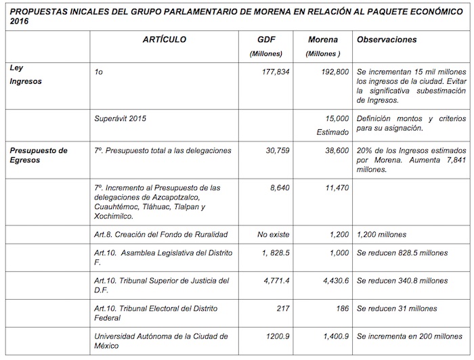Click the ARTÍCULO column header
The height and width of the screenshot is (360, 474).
coord(164,40)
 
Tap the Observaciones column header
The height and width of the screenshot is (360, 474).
coord(387,40)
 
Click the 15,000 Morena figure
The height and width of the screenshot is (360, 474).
coord(337,118)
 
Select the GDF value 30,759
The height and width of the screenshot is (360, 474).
coord(281,150)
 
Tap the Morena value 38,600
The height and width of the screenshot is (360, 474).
coord(335,150)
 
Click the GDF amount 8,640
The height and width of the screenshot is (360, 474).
coord(283,187)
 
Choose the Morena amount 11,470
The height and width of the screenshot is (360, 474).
coord(335,187)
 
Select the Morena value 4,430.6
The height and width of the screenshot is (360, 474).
coord(332,280)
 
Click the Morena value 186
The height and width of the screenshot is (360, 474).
coord(339,309)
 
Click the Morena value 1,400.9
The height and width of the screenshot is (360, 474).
coord(332,336)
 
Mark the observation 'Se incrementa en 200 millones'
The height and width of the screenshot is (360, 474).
coord(409,336)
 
